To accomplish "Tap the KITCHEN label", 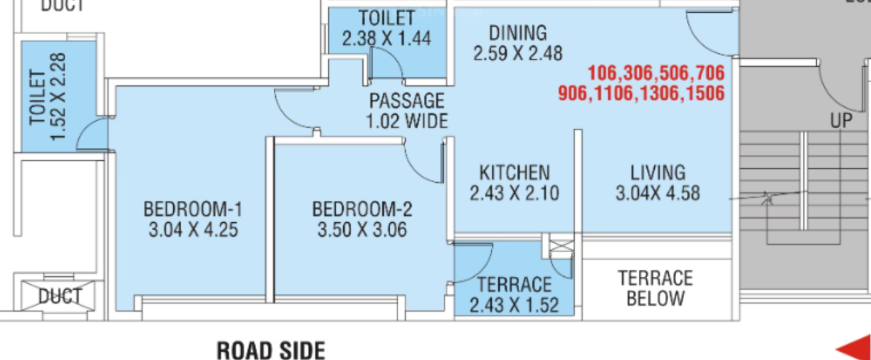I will (x=513, y=171).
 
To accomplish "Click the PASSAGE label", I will (x=406, y=100).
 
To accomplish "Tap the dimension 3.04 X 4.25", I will (x=193, y=229).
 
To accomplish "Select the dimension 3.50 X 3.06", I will (x=362, y=229).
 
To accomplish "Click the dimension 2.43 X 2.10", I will (x=513, y=191).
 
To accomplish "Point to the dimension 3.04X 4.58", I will (x=657, y=191).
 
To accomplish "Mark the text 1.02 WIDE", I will (x=406, y=121).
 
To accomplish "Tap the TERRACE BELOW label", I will (x=655, y=287).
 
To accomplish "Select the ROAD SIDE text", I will (x=271, y=349).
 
